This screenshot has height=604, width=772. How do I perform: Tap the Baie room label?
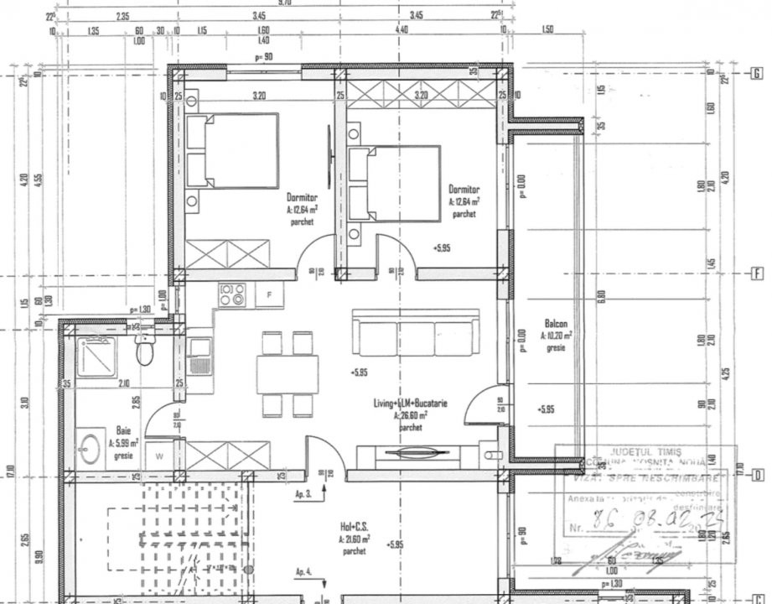123,429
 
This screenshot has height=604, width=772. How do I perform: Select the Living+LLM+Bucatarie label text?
410,404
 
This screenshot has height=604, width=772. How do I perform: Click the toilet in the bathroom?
145,350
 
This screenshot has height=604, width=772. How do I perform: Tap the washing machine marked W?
159,456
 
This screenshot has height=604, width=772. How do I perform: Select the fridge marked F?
269,294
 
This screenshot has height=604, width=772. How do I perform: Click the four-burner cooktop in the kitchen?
232,294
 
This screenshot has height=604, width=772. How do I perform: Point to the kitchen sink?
200,357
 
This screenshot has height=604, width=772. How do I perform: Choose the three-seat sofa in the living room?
416,335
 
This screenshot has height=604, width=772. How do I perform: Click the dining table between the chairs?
288,374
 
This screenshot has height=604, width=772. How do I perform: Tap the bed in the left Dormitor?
232,151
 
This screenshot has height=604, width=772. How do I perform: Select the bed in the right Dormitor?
394,184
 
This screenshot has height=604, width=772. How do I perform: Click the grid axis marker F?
756,273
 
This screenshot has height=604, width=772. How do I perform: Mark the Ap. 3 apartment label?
303,495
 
